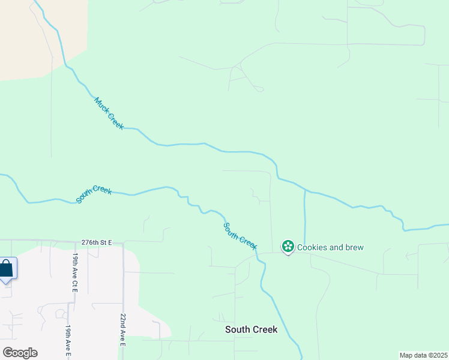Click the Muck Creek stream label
coord(109,113)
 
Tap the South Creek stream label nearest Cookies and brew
coord(240,236)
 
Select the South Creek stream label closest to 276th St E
coord(94,194)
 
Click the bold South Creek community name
coord(251,329)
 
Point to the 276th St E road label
coord(97,242)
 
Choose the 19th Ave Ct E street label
coord(76,272)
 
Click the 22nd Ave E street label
coord(122,329)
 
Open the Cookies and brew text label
coord(330,247)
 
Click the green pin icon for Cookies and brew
coord(288,246)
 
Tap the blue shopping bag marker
coord(6,268)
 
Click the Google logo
coord(20,353)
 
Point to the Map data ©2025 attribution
coord(423,355)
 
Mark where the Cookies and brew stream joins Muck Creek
coord(306,191)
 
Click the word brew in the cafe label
coord(354,247)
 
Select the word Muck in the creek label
coord(100,104)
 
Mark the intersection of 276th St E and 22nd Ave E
coord(122,244)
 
